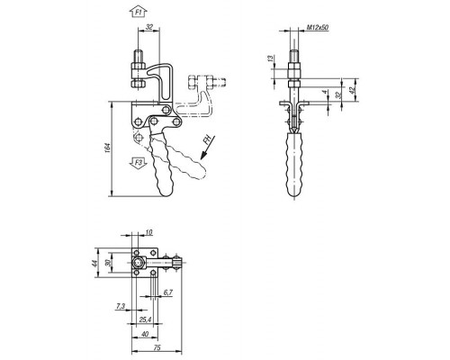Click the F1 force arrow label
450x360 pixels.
tap(139, 13)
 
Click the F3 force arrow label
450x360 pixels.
tap(139, 163)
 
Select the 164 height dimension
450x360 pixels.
tap(108, 149)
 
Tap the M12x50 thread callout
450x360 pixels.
tap(318, 28)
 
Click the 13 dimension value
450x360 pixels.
tap(270, 58)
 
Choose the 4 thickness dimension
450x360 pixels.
tap(325, 92)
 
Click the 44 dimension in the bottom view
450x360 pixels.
tap(94, 264)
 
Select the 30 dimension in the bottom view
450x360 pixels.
tap(108, 263)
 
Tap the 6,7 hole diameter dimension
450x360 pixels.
tap(168, 292)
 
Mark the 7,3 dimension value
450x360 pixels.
tap(121, 306)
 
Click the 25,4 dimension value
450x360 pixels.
tap(145, 319)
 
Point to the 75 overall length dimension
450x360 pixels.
tap(157, 347)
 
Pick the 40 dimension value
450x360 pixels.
tap(145, 334)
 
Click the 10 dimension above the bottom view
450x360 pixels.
tap(148, 232)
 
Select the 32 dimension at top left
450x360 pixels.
tap(149, 27)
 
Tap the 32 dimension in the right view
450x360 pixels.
tap(338, 95)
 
